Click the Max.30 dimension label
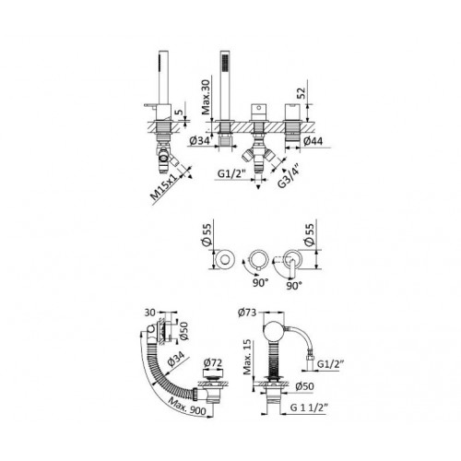point(207,97)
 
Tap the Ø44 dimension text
point(313,141)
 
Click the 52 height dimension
point(301,93)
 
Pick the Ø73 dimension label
point(247,313)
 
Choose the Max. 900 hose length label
point(187,404)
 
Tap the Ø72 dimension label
point(213,362)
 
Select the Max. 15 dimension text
point(248,357)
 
